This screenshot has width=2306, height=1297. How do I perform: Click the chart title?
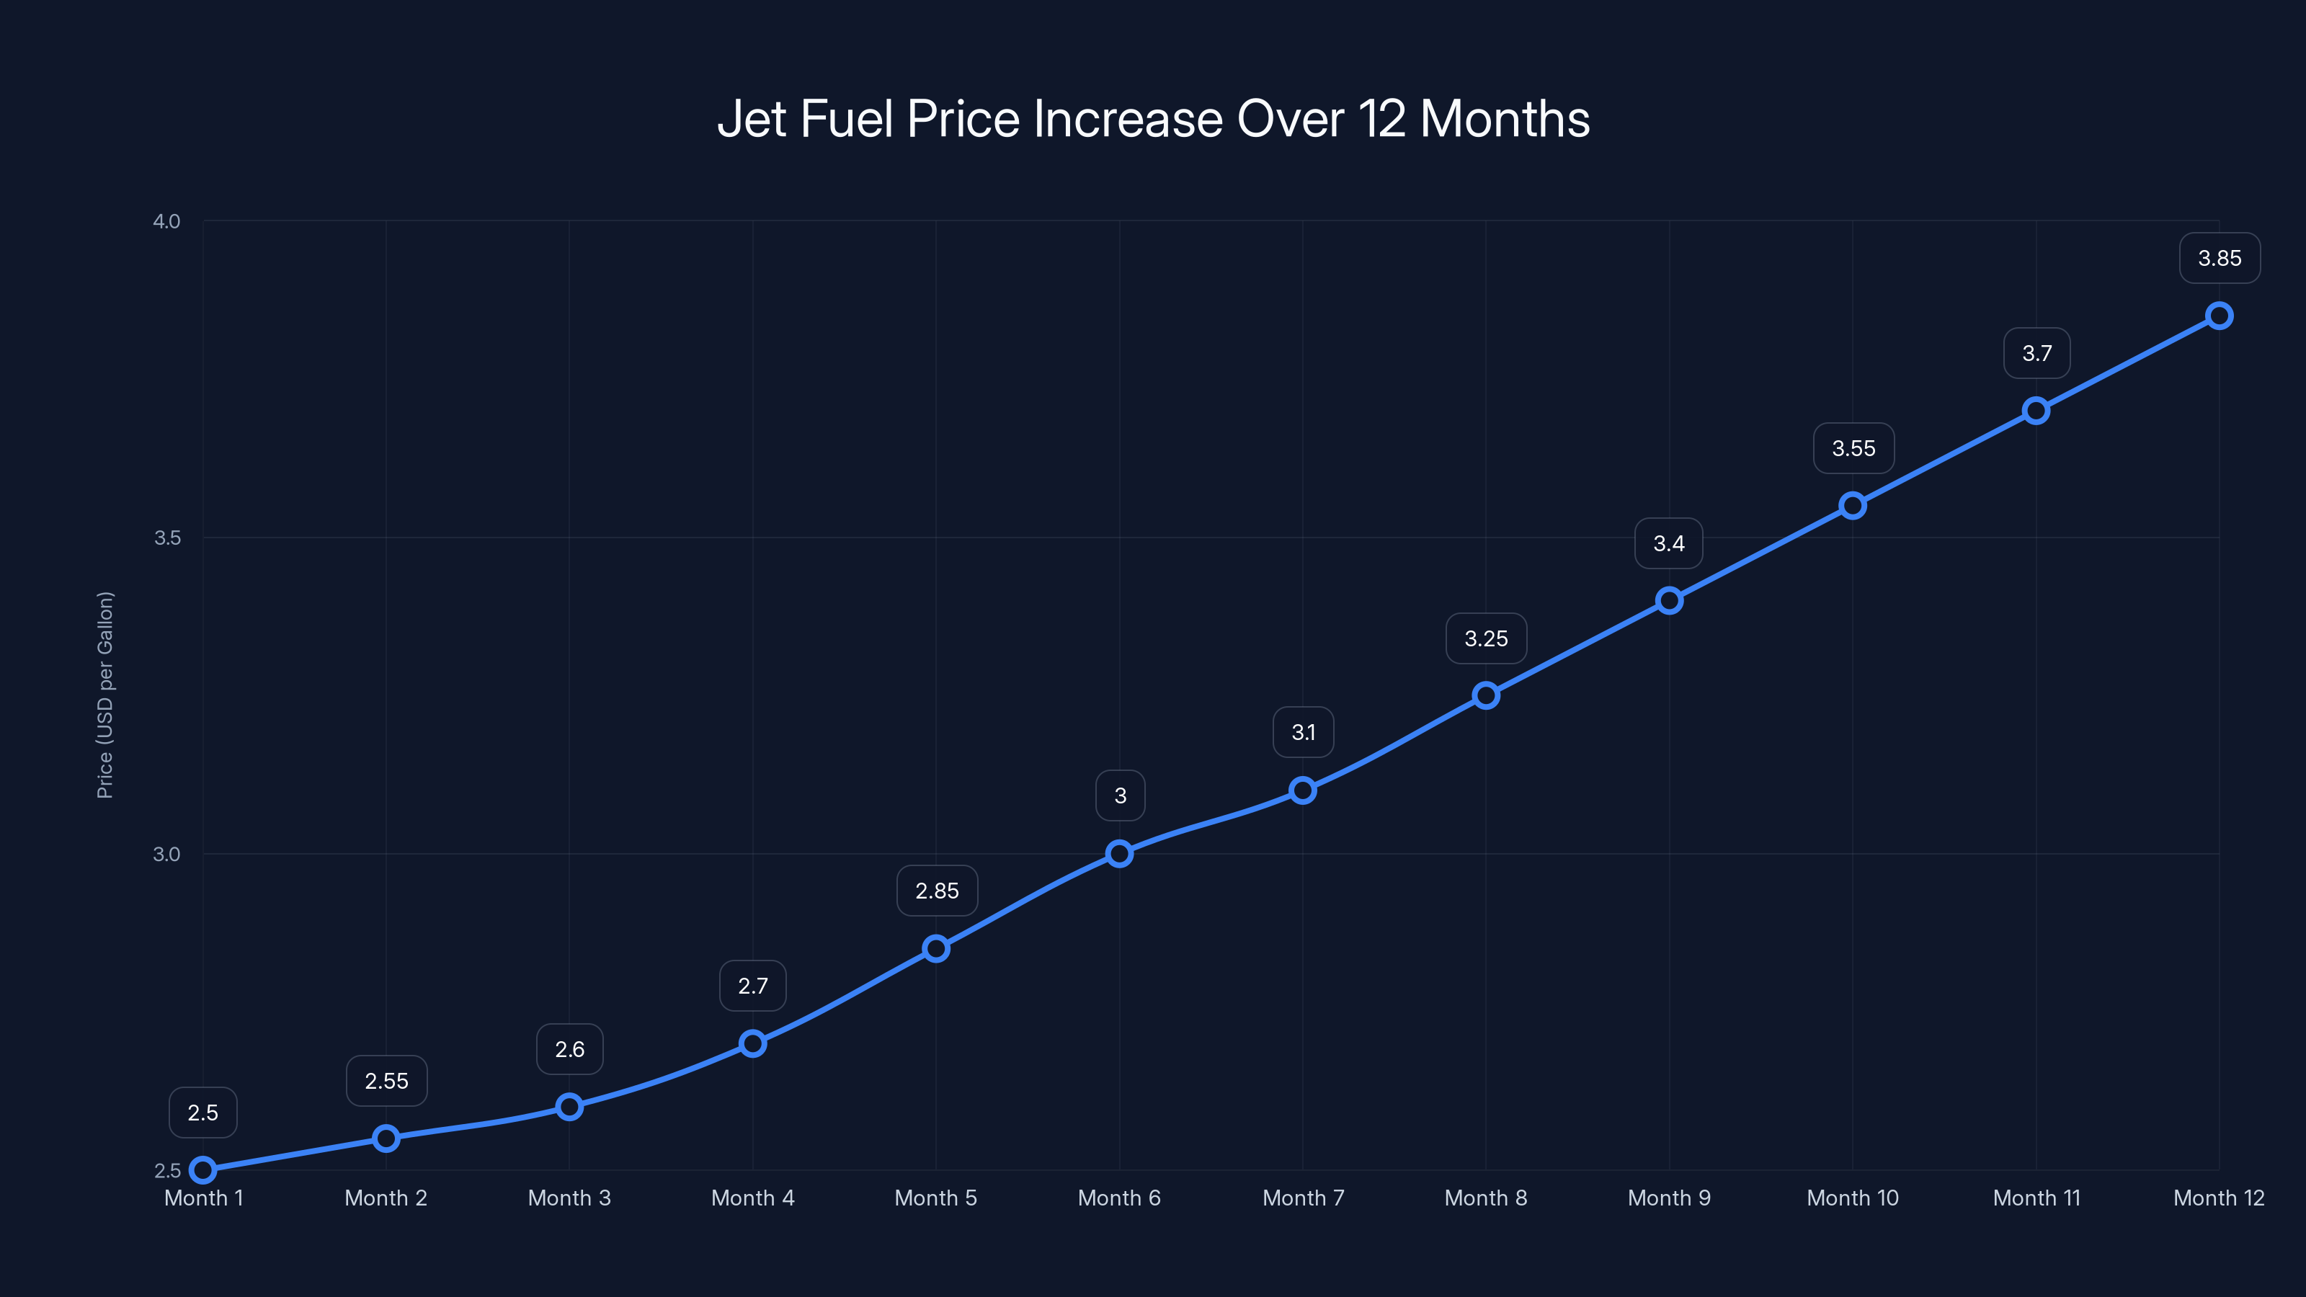point(1153,119)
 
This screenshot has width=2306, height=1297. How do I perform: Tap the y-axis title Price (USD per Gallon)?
point(104,695)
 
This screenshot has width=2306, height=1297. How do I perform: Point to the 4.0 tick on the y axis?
point(166,221)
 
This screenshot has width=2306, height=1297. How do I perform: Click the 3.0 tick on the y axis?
point(166,854)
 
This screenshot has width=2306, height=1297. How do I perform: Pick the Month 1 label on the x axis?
point(203,1198)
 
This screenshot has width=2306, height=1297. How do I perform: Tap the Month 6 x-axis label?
point(1119,1198)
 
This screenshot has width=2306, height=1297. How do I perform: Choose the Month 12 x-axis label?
point(2218,1198)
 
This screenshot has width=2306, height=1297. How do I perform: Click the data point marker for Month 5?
point(936,949)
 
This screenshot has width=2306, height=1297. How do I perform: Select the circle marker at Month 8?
point(1486,695)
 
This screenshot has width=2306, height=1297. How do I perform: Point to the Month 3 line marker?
point(569,1107)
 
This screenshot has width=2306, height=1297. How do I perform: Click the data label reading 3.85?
point(2220,259)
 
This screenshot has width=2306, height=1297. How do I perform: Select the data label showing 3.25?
point(1486,638)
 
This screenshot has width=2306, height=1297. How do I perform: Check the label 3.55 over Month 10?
point(1853,448)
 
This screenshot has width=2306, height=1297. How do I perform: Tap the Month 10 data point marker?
point(1853,506)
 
